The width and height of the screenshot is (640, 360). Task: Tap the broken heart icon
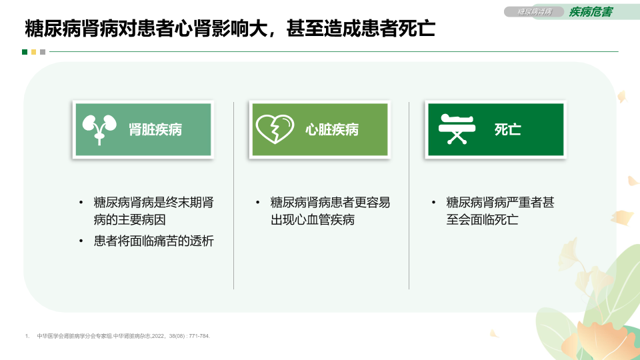tap(275, 129)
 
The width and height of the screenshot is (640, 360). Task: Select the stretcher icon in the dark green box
tap(457, 129)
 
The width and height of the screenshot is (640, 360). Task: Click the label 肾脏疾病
tap(155, 130)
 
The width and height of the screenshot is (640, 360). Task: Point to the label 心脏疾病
tap(332, 130)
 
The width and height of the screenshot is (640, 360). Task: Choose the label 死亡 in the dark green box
tap(508, 130)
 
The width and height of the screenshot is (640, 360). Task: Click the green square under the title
tap(25, 52)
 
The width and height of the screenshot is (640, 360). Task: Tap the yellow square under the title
tap(33, 52)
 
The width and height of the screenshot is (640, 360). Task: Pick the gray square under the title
tap(43, 52)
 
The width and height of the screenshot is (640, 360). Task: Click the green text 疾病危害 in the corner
tap(591, 12)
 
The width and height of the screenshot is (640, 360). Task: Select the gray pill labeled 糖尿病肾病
tap(534, 12)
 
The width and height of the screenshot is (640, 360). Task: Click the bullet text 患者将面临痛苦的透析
tap(153, 241)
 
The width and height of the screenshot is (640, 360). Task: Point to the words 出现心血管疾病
tap(312, 219)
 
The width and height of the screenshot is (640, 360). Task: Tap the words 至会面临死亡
tap(482, 219)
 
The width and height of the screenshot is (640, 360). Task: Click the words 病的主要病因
tap(129, 219)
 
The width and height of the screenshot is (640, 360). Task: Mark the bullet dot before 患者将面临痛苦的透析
tap(81, 241)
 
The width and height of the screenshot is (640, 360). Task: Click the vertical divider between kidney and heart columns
tap(233, 195)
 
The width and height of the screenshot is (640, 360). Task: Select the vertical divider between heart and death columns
tap(409, 195)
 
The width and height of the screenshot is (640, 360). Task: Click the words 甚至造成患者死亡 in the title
tap(361, 29)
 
